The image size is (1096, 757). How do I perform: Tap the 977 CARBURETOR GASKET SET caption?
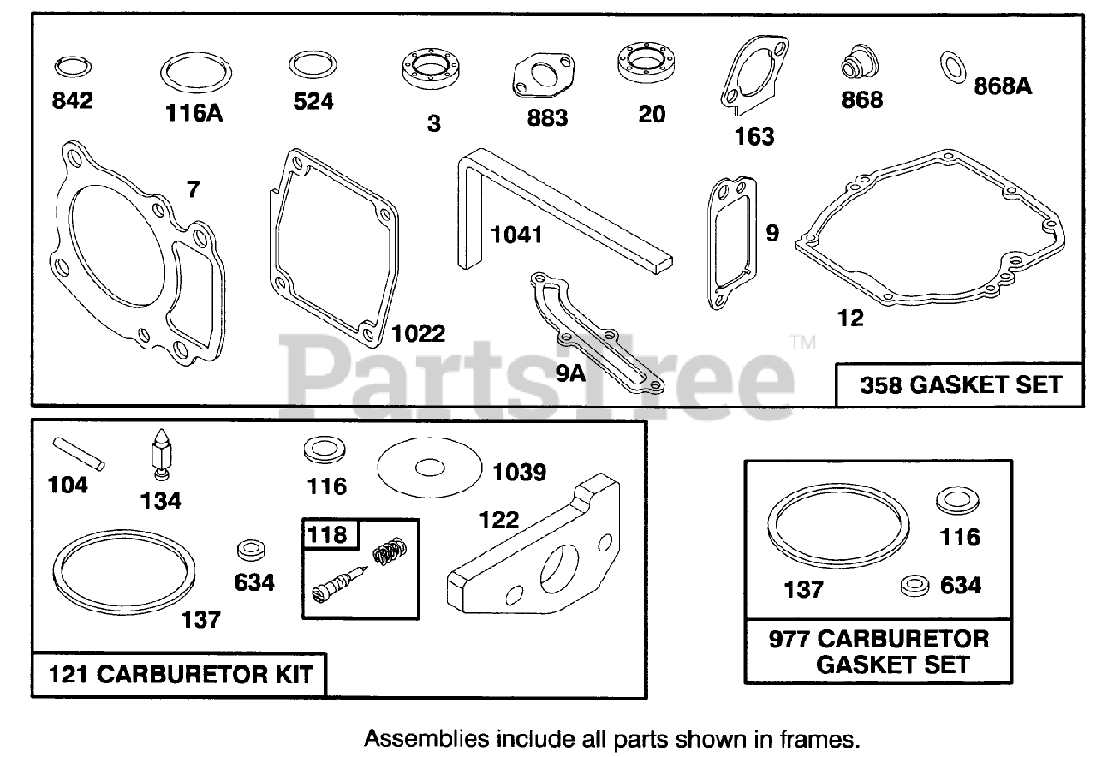(890, 651)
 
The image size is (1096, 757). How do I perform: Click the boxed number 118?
(329, 534)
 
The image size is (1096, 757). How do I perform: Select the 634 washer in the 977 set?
(914, 587)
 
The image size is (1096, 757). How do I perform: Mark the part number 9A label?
(570, 373)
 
